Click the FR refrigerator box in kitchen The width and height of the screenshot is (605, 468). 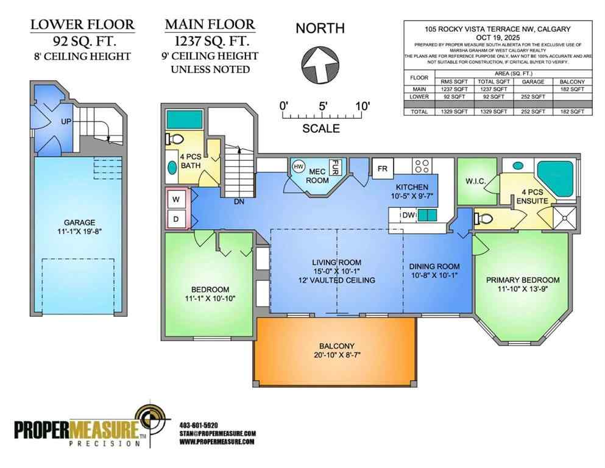coord(383,168)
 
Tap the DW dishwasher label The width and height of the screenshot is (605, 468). coord(407,214)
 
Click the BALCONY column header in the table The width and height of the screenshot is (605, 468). coord(571,81)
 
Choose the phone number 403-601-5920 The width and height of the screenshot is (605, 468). coord(199,425)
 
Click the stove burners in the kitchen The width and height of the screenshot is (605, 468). coord(422,166)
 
